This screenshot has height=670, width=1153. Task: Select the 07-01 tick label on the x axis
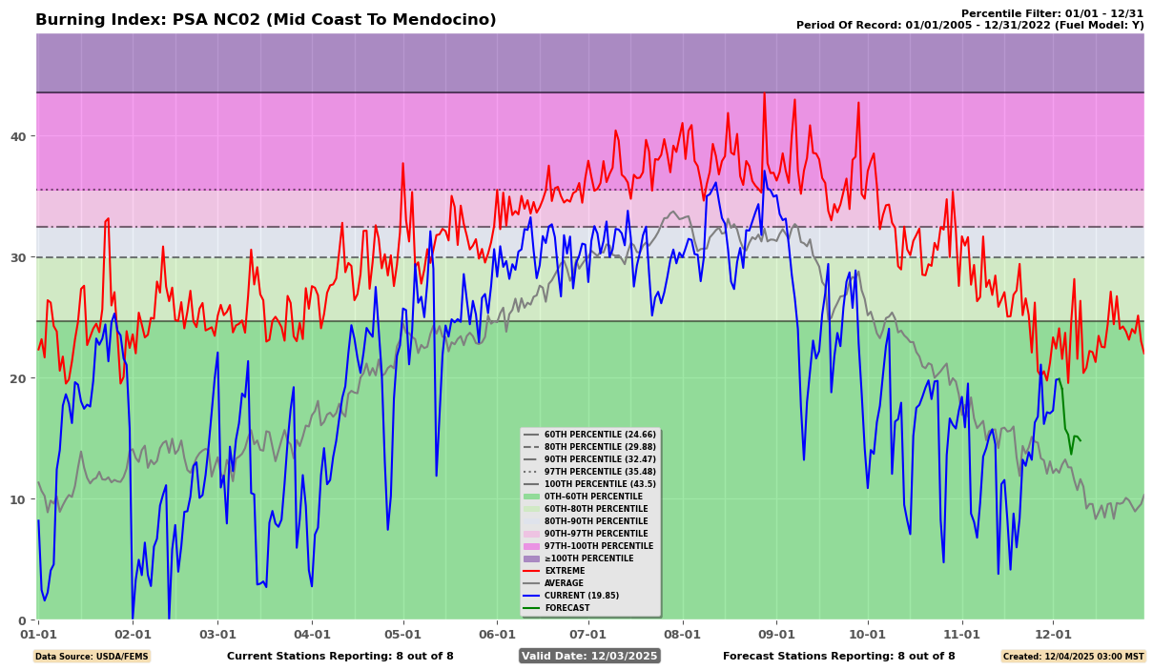(587, 634)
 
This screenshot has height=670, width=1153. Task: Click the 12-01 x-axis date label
(1053, 634)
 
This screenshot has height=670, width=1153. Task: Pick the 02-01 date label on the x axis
(133, 634)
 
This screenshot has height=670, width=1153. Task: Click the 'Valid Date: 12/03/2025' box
(589, 656)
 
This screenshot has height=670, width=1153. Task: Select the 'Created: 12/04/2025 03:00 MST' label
(1072, 657)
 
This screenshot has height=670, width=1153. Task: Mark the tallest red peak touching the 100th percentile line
(764, 94)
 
